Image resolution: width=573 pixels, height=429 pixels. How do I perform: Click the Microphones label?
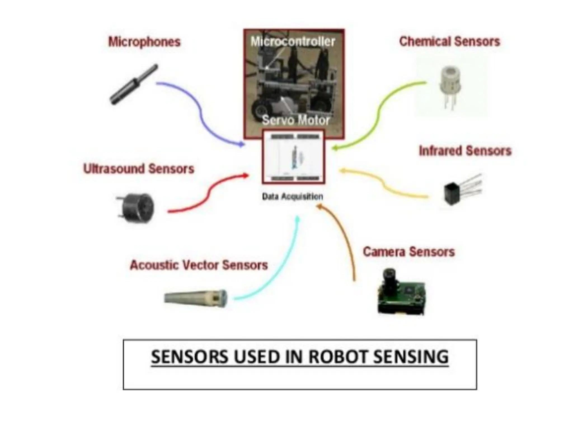144,42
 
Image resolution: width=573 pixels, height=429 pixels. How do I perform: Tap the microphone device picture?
134,85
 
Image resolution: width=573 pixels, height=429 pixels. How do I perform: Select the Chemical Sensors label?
449,42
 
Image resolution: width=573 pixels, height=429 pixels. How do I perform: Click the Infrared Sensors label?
465,151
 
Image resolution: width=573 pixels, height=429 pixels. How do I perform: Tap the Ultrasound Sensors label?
138,169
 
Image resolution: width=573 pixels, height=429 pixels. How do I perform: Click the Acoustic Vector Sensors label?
199,265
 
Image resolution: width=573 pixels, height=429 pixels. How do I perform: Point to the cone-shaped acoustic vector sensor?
196,298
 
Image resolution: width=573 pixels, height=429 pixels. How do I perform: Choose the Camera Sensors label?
409,252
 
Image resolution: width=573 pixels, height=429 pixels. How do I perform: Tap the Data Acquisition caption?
292,197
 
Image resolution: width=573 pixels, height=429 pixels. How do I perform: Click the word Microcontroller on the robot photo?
293,42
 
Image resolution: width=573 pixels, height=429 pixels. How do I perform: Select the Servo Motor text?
296,120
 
